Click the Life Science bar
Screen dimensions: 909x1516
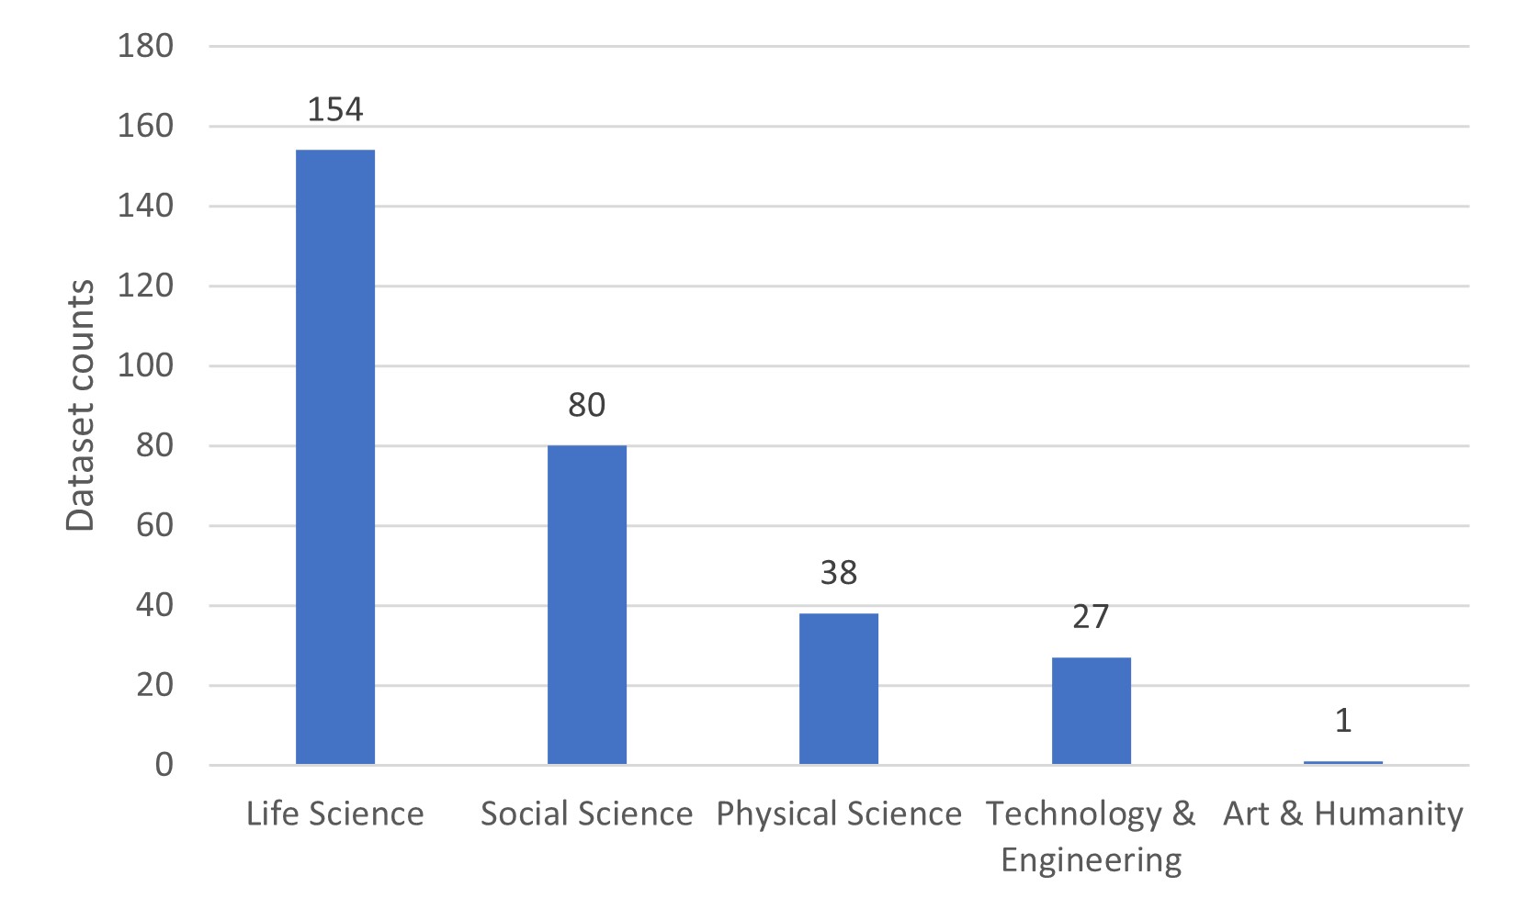(334, 456)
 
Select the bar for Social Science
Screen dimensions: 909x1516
(586, 604)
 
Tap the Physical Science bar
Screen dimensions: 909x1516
(838, 689)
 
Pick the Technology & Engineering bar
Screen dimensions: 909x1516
(1091, 711)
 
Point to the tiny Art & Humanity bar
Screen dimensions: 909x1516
(1342, 762)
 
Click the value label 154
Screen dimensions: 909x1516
(334, 110)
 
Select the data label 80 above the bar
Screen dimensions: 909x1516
(586, 405)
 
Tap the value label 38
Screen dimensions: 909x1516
(838, 573)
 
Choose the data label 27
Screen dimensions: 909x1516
(1091, 617)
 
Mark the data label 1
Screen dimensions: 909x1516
(1342, 721)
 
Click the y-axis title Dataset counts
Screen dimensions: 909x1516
(81, 405)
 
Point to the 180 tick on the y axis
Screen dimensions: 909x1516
(145, 46)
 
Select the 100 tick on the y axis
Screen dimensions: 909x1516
(145, 365)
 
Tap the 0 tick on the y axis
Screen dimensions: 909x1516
(164, 765)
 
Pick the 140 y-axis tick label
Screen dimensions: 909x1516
(145, 206)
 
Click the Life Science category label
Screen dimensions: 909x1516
(334, 814)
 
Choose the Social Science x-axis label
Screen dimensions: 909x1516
(586, 814)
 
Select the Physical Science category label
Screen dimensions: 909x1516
(838, 814)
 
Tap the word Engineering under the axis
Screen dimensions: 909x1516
(1091, 860)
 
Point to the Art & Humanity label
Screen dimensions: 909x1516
(1342, 814)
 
